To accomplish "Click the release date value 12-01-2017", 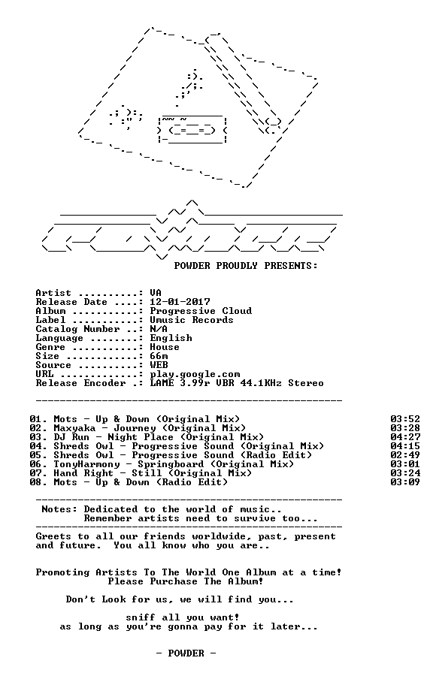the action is click(180, 302).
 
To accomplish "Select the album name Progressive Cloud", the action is click(201, 311).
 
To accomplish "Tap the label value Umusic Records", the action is click(192, 320).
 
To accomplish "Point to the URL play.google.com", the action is click(195, 374).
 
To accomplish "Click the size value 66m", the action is click(159, 356).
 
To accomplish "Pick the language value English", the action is click(171, 339).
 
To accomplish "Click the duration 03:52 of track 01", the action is click(405, 419).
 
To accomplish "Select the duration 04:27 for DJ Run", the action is click(405, 437).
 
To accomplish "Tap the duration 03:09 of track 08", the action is click(405, 482).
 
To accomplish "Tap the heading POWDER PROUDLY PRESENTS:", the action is click(246, 266).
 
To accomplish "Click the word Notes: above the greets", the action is click(59, 509).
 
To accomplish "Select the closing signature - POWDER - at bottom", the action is click(186, 653).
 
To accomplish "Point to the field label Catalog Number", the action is click(77, 330).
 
